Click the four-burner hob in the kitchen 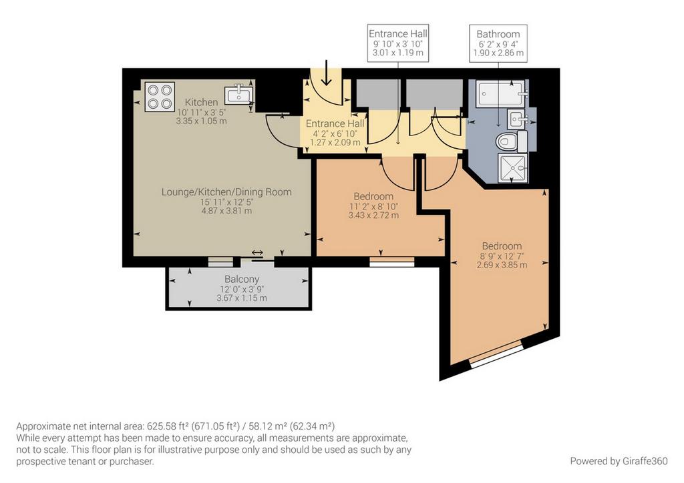pyautogui.click(x=160, y=97)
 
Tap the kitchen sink pyautogui.click(x=238, y=95)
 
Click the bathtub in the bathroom pyautogui.click(x=502, y=93)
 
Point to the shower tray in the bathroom pyautogui.click(x=512, y=169)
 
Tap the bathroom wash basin pyautogui.click(x=518, y=119)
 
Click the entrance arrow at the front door pyautogui.click(x=326, y=73)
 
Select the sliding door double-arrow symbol pyautogui.click(x=257, y=253)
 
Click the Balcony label pyautogui.click(x=242, y=279)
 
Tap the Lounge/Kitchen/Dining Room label pyautogui.click(x=226, y=191)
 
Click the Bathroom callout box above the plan pyautogui.click(x=498, y=43)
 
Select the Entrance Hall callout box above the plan pyautogui.click(x=398, y=43)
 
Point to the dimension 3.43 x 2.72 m pyautogui.click(x=373, y=215)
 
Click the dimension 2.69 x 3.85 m pyautogui.click(x=502, y=265)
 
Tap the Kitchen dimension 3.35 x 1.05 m pyautogui.click(x=201, y=121)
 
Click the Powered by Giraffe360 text pyautogui.click(x=619, y=461)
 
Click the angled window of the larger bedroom pyautogui.click(x=496, y=355)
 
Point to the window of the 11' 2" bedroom pyautogui.click(x=391, y=262)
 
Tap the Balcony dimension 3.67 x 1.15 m pyautogui.click(x=242, y=298)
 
